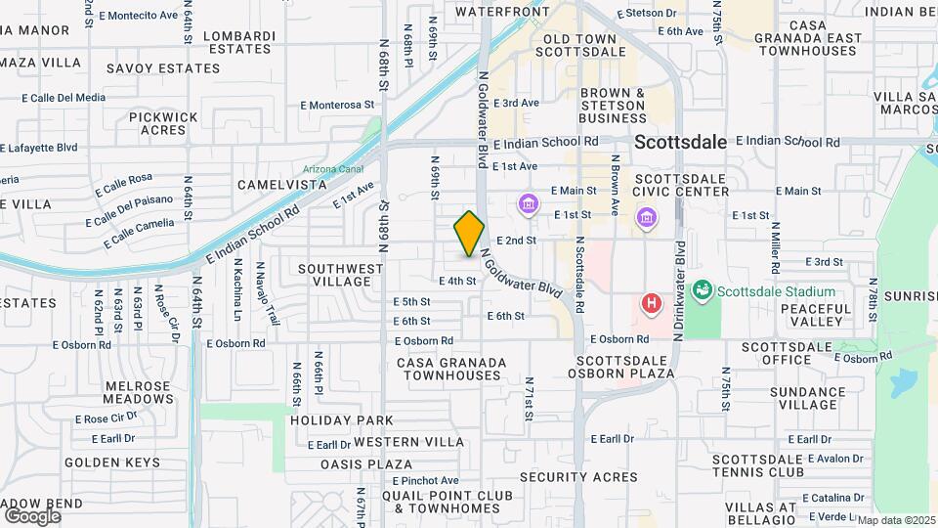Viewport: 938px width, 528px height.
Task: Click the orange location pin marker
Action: [x=470, y=233]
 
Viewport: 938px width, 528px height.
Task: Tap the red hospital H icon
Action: [x=651, y=303]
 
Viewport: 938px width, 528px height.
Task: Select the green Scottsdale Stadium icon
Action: [x=702, y=290]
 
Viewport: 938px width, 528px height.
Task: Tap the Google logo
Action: [x=32, y=515]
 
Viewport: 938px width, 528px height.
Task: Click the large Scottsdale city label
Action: [x=680, y=142]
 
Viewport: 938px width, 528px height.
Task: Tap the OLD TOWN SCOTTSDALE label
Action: [x=584, y=44]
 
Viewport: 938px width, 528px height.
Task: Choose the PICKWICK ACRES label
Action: [x=163, y=123]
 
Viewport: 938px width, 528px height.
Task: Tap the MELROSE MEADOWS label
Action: [x=138, y=391]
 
